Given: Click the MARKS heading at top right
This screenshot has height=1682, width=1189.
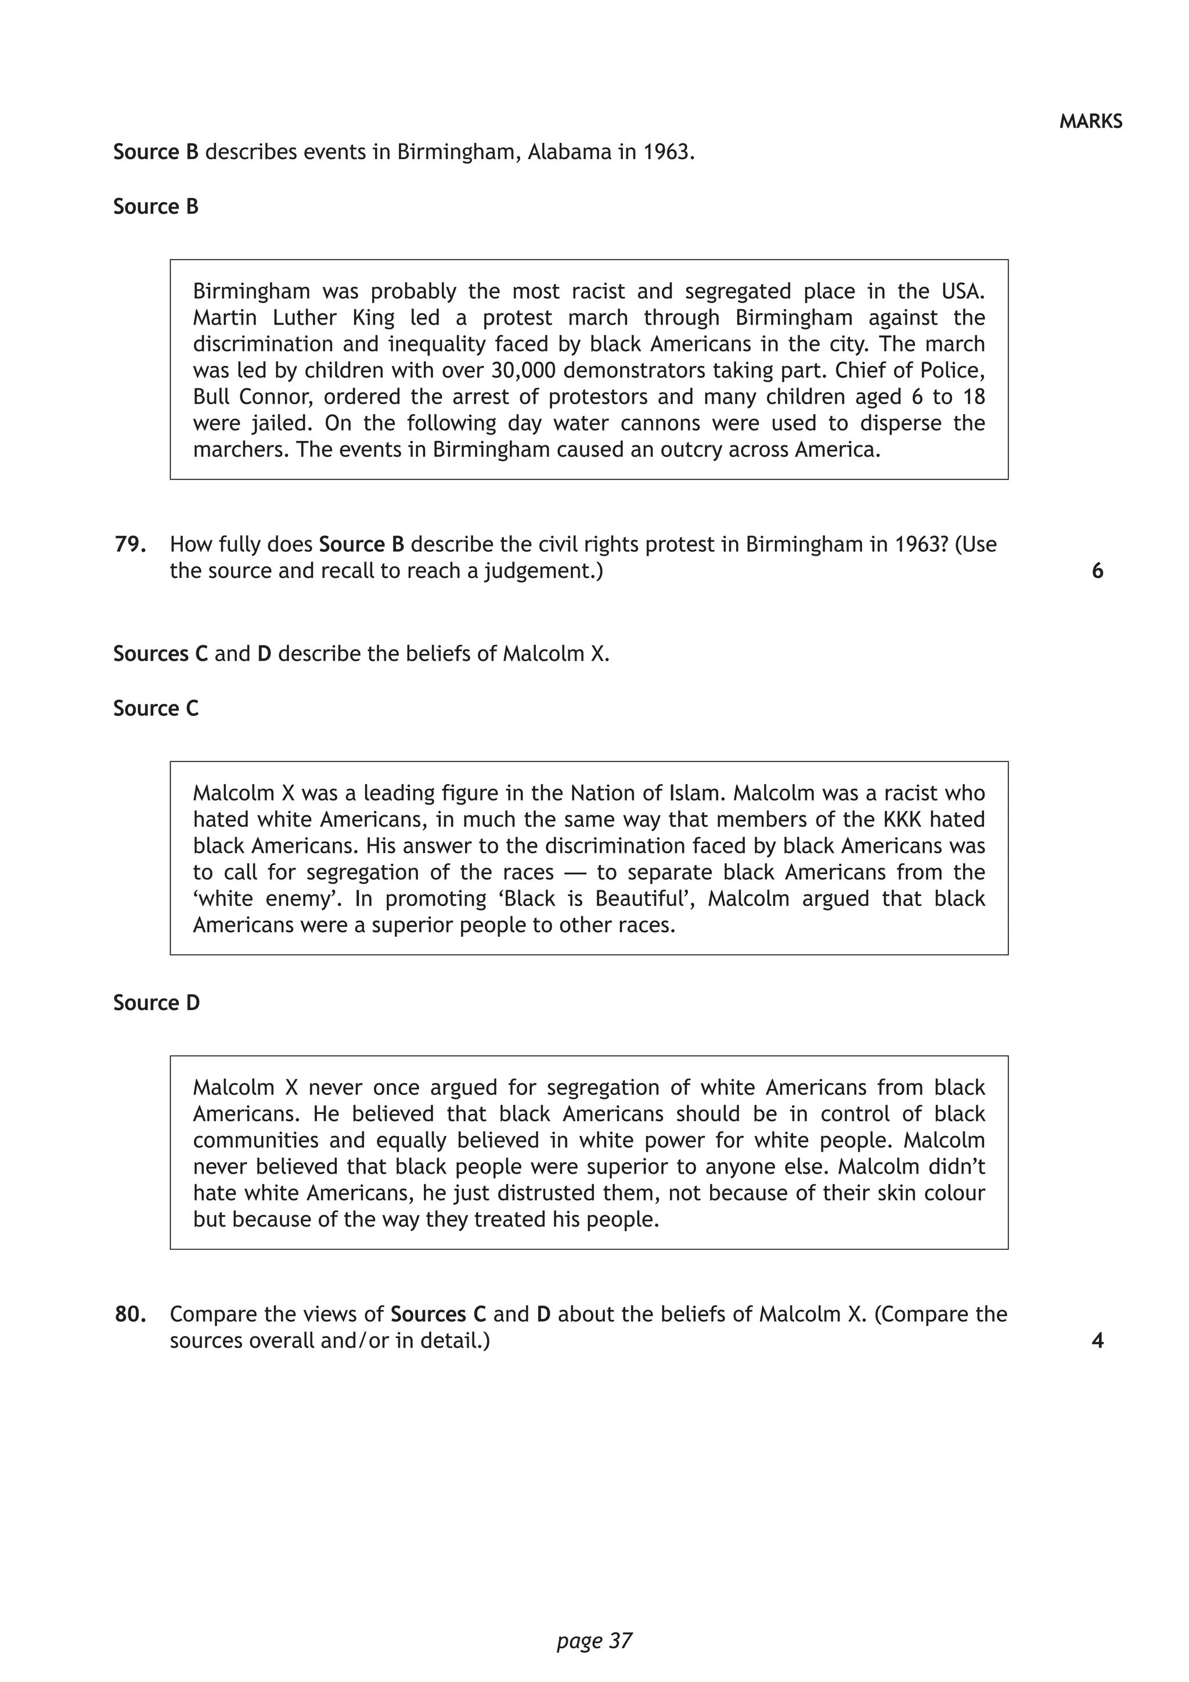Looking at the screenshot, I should (1090, 121).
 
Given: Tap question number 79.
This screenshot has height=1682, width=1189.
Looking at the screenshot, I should (129, 544).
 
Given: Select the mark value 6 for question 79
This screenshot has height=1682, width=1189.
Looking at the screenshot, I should (1097, 571).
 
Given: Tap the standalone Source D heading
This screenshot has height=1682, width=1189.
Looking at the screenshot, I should (156, 1003).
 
